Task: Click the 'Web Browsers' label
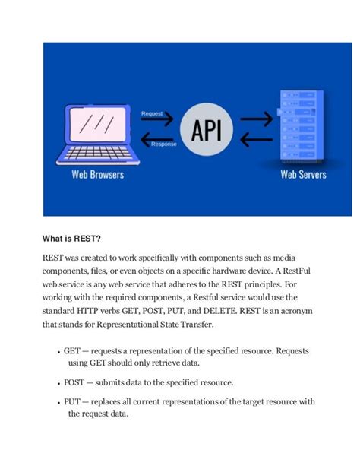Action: pos(97,175)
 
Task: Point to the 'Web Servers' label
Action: pos(303,175)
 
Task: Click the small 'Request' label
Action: pos(152,113)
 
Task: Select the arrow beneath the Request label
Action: pos(156,122)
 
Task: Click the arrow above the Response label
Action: pos(156,137)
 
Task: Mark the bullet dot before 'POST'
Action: pos(59,383)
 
